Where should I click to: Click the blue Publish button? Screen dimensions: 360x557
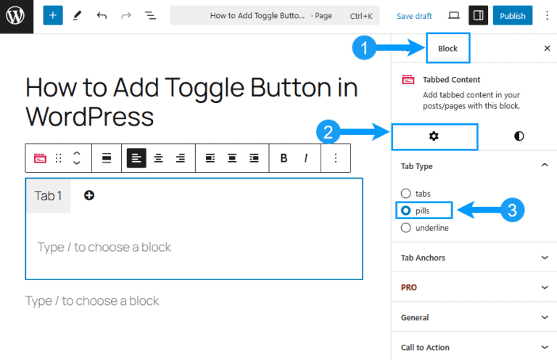coord(512,16)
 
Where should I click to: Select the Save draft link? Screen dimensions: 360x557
coord(414,16)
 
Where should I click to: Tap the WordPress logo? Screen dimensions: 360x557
coord(16,16)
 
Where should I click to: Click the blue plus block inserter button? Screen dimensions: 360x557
coord(53,15)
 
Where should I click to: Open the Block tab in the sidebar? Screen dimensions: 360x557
coord(447,49)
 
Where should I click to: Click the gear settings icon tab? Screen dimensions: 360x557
coord(434,136)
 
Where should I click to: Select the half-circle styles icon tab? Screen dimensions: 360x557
coord(519,136)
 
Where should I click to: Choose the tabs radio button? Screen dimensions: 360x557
coord(405,194)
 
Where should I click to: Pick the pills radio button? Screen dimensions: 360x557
coord(405,210)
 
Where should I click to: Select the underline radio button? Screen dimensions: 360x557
coord(405,228)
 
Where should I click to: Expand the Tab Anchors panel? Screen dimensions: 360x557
coord(474,258)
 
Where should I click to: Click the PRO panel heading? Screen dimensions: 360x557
coord(474,287)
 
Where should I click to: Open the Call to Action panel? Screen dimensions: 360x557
coord(474,347)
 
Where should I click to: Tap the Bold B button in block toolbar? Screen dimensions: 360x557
coord(284,157)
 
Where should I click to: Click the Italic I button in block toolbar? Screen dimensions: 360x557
coord(306,157)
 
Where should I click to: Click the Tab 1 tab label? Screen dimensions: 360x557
coord(49,196)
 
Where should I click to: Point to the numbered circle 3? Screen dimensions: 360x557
coord(512,210)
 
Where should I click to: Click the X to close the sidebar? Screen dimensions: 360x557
coord(547,49)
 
